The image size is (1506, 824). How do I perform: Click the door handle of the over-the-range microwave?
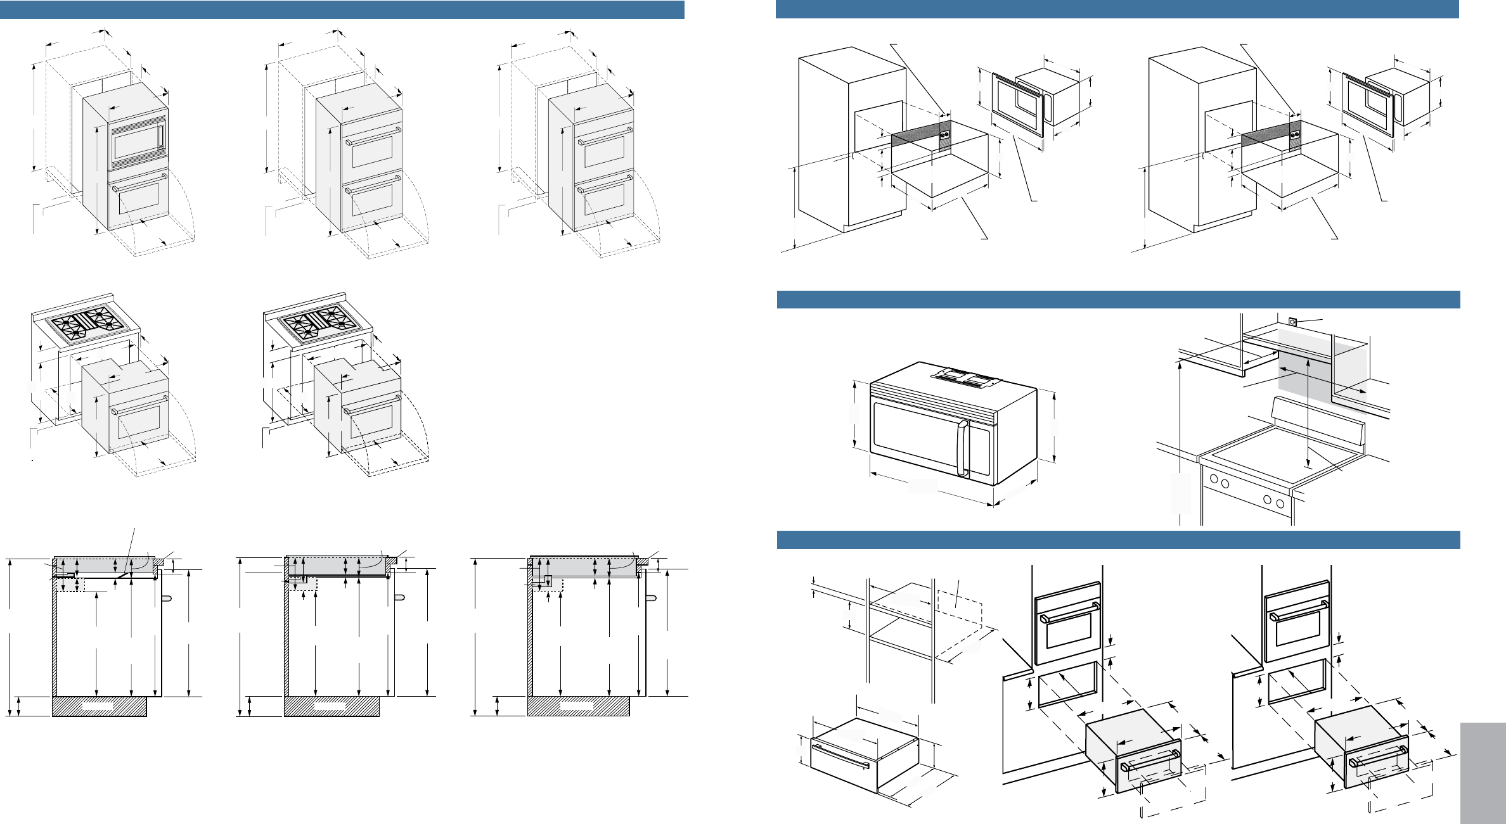pyautogui.click(x=963, y=448)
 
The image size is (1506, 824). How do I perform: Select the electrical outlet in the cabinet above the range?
pyautogui.click(x=1293, y=322)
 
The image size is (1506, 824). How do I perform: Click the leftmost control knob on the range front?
pyautogui.click(x=1214, y=479)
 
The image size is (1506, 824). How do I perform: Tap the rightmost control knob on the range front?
pyautogui.click(x=1280, y=504)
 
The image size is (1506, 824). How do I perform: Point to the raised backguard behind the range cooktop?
pyautogui.click(x=1318, y=423)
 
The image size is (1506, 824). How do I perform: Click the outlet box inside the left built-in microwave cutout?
pyautogui.click(x=945, y=135)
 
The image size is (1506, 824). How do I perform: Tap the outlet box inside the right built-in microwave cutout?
pyautogui.click(x=1295, y=135)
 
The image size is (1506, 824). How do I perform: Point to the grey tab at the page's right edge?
pyautogui.click(x=1483, y=773)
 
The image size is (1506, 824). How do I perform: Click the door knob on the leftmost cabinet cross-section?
pyautogui.click(x=167, y=597)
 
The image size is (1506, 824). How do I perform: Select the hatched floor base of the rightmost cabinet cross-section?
pyautogui.click(x=578, y=706)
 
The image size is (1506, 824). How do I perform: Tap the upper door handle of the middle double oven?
pyautogui.click(x=373, y=135)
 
